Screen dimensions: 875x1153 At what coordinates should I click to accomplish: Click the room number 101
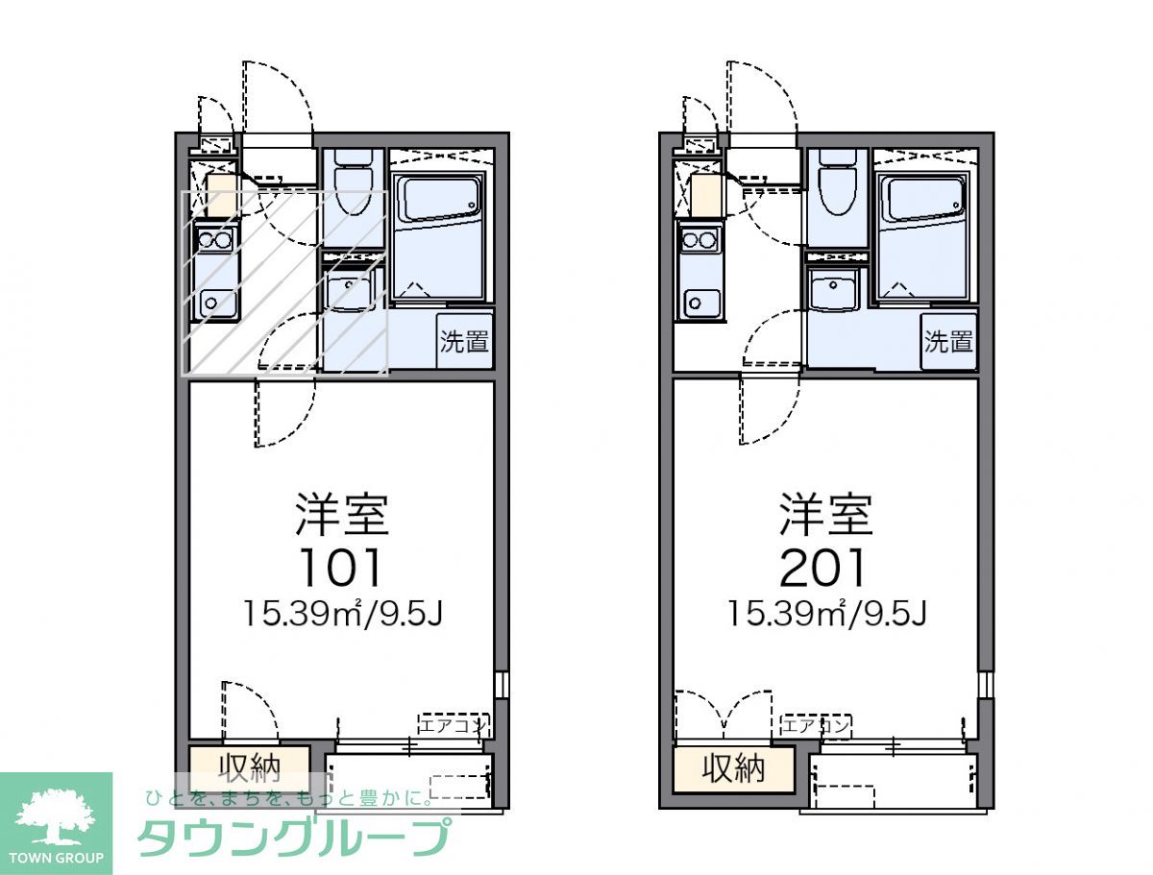341,567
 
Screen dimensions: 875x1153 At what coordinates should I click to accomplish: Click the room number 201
823,567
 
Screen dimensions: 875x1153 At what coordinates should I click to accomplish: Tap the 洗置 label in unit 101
465,340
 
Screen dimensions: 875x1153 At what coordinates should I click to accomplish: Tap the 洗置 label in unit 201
948,340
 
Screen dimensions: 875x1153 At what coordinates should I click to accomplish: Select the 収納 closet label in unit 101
249,766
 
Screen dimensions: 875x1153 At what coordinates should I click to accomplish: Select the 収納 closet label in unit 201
733,767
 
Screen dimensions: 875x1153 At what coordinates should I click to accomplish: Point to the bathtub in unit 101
439,200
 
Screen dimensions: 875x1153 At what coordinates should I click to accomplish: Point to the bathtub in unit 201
922,200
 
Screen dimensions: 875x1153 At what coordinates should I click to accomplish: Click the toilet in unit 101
352,184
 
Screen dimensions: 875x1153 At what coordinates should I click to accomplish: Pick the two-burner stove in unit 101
214,239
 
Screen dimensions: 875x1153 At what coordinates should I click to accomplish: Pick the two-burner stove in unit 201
699,239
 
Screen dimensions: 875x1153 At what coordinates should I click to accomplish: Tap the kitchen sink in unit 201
698,302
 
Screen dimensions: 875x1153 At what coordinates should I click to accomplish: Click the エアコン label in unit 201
815,725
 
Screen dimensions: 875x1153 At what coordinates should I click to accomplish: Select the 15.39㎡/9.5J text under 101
341,612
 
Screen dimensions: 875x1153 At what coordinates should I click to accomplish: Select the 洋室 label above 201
825,514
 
